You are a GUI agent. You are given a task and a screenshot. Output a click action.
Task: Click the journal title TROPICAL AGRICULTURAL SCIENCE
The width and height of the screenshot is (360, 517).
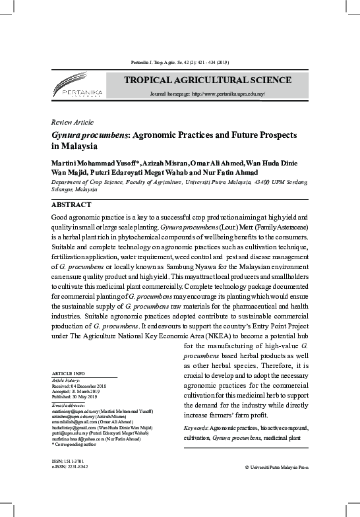207,80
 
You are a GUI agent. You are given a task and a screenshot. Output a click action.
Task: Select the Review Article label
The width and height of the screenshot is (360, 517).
72,123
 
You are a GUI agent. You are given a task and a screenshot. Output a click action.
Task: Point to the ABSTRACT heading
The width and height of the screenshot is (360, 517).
71,205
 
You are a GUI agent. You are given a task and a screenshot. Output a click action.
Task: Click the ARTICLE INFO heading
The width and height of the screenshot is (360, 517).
67,373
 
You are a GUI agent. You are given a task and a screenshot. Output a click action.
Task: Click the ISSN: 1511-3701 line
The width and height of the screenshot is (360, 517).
68,461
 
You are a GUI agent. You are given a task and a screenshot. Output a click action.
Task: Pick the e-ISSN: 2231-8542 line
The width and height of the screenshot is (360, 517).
70,467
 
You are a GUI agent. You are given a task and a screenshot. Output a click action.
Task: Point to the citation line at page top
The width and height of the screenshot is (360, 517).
179,62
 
